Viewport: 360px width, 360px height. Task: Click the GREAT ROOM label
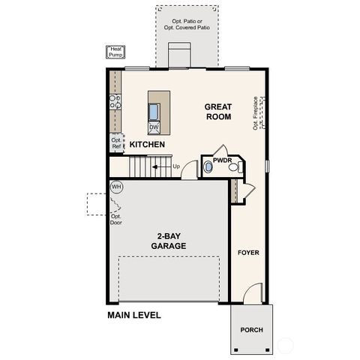coord(217,112)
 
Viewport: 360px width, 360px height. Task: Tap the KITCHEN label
coord(147,144)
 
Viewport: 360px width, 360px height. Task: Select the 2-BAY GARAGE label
coord(168,241)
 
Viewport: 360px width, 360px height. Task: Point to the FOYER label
coord(248,253)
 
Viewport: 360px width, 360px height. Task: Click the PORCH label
coord(250,330)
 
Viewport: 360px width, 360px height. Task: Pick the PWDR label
coord(222,160)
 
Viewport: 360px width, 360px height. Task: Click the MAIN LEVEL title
coord(133,316)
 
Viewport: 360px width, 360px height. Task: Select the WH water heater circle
coord(116,186)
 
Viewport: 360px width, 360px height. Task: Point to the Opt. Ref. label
coord(117,142)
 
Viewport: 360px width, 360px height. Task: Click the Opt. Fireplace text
coord(256,112)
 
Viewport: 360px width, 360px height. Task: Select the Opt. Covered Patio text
coord(188,23)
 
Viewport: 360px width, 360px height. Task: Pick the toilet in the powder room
coord(233,169)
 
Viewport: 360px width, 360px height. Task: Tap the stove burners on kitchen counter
coord(116,102)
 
